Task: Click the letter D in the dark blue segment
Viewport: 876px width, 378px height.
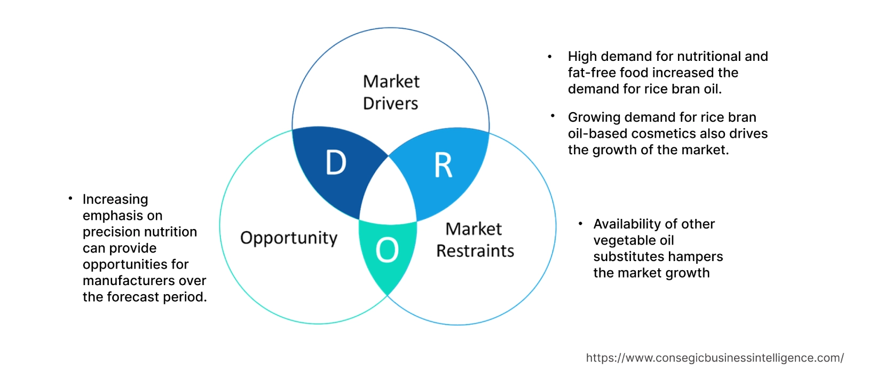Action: [336, 163]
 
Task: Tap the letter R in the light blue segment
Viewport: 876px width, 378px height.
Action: [443, 166]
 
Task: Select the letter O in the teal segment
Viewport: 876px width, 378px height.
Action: [387, 250]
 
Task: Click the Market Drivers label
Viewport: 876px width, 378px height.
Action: [391, 92]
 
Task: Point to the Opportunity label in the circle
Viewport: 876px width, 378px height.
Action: [289, 238]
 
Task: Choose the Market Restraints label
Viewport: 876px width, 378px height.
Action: [475, 240]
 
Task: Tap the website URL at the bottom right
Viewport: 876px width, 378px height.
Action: [714, 358]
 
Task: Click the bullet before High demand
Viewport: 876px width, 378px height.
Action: [550, 57]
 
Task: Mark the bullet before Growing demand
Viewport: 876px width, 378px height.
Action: [553, 116]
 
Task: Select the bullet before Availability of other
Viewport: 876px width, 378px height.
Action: [580, 224]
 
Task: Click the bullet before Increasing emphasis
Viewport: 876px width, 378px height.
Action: [70, 199]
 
